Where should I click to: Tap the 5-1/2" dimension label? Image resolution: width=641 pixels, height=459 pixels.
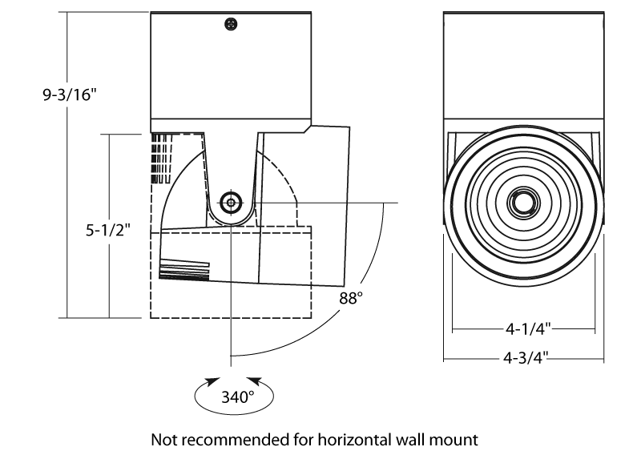107,230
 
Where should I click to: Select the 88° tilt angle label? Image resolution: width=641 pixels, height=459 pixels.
351,298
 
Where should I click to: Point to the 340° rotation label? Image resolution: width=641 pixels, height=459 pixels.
237,396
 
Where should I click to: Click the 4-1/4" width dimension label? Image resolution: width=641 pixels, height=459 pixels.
526,328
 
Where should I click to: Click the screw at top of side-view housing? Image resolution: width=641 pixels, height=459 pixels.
232,25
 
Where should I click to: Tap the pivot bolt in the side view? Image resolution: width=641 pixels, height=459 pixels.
232,203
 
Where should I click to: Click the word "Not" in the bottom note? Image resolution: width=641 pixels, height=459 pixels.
163,440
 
